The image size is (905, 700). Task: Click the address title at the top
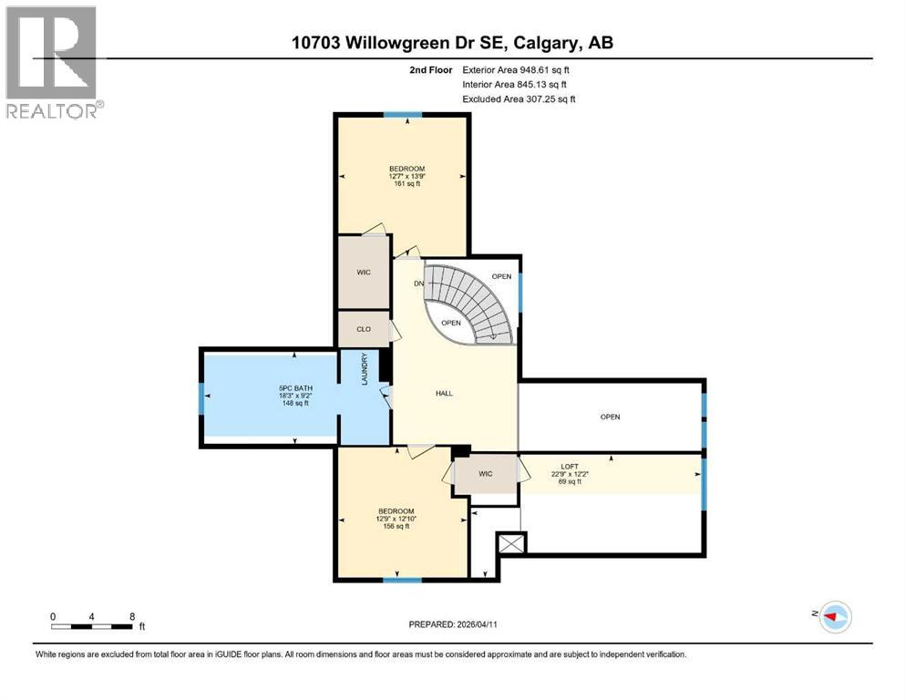tap(452, 43)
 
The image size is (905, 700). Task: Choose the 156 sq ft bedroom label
tap(396, 518)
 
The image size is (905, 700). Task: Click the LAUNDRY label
tap(365, 369)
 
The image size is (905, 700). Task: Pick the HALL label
tap(443, 394)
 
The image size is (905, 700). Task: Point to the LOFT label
tap(570, 467)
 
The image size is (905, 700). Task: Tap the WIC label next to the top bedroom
tap(362, 272)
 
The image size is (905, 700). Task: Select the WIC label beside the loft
tap(485, 474)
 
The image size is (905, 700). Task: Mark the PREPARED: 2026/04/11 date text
tap(453, 624)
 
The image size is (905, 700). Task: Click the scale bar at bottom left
tap(94, 625)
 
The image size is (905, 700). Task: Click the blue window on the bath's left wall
tap(201, 397)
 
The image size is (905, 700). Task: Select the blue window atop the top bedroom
tap(402, 114)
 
